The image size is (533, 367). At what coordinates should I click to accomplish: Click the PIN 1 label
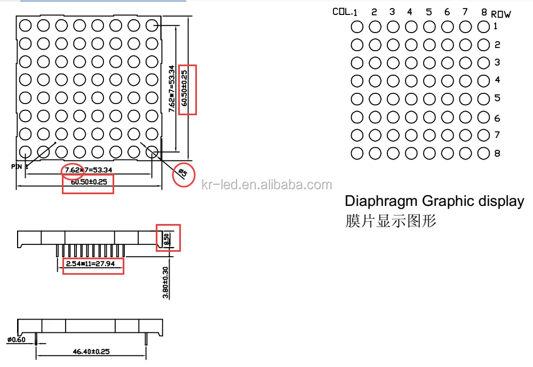19,166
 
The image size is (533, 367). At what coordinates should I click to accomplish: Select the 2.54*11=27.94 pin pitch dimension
93,264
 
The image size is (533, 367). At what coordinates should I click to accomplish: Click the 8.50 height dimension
167,238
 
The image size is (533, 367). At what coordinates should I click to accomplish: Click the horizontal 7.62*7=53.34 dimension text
89,170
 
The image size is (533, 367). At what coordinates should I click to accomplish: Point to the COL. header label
341,11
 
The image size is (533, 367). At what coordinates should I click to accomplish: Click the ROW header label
500,14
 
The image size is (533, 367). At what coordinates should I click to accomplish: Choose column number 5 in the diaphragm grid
428,12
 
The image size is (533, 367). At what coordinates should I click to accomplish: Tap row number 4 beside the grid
497,81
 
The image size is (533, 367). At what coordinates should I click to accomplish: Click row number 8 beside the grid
497,154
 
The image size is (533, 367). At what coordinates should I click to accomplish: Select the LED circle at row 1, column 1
357,26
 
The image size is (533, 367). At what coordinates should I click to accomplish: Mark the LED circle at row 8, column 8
483,153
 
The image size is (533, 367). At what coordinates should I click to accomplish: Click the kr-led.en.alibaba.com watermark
267,185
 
